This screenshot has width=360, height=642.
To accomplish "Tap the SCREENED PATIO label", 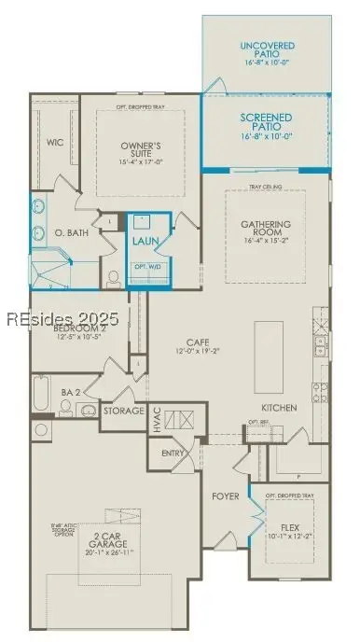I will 267,122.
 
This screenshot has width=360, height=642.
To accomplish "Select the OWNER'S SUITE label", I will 142,150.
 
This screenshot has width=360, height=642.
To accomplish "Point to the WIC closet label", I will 55,143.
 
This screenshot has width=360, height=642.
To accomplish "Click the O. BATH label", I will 72,232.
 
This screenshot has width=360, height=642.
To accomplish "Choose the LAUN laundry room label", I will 145,241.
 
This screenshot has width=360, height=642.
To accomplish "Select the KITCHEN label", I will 279,408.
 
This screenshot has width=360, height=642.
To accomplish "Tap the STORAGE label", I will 123,411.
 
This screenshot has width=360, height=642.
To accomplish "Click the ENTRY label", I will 173,453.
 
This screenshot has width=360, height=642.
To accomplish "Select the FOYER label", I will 227,495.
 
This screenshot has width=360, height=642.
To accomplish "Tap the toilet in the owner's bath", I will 113,276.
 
